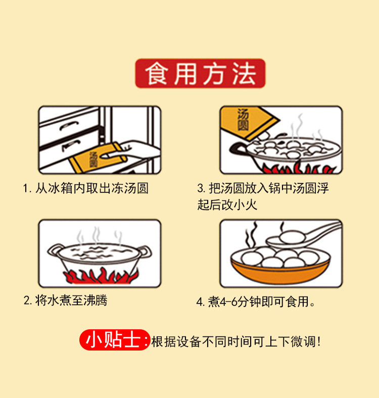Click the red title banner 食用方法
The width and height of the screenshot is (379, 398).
(x=200, y=73)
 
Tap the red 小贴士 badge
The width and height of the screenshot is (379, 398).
(x=115, y=340)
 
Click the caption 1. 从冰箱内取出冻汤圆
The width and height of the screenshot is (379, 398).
(x=85, y=188)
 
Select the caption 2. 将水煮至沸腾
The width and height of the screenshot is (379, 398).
(x=66, y=301)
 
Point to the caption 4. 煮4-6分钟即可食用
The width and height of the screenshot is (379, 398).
(x=256, y=302)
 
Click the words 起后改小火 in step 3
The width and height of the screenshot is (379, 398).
(x=227, y=205)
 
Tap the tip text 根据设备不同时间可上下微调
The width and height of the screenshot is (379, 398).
(x=236, y=341)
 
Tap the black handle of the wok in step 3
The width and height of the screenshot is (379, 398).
(x=238, y=149)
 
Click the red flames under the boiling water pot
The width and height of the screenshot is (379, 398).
(x=101, y=276)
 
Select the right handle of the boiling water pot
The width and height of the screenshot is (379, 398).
(x=146, y=252)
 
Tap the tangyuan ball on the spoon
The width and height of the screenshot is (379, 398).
(x=292, y=236)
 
